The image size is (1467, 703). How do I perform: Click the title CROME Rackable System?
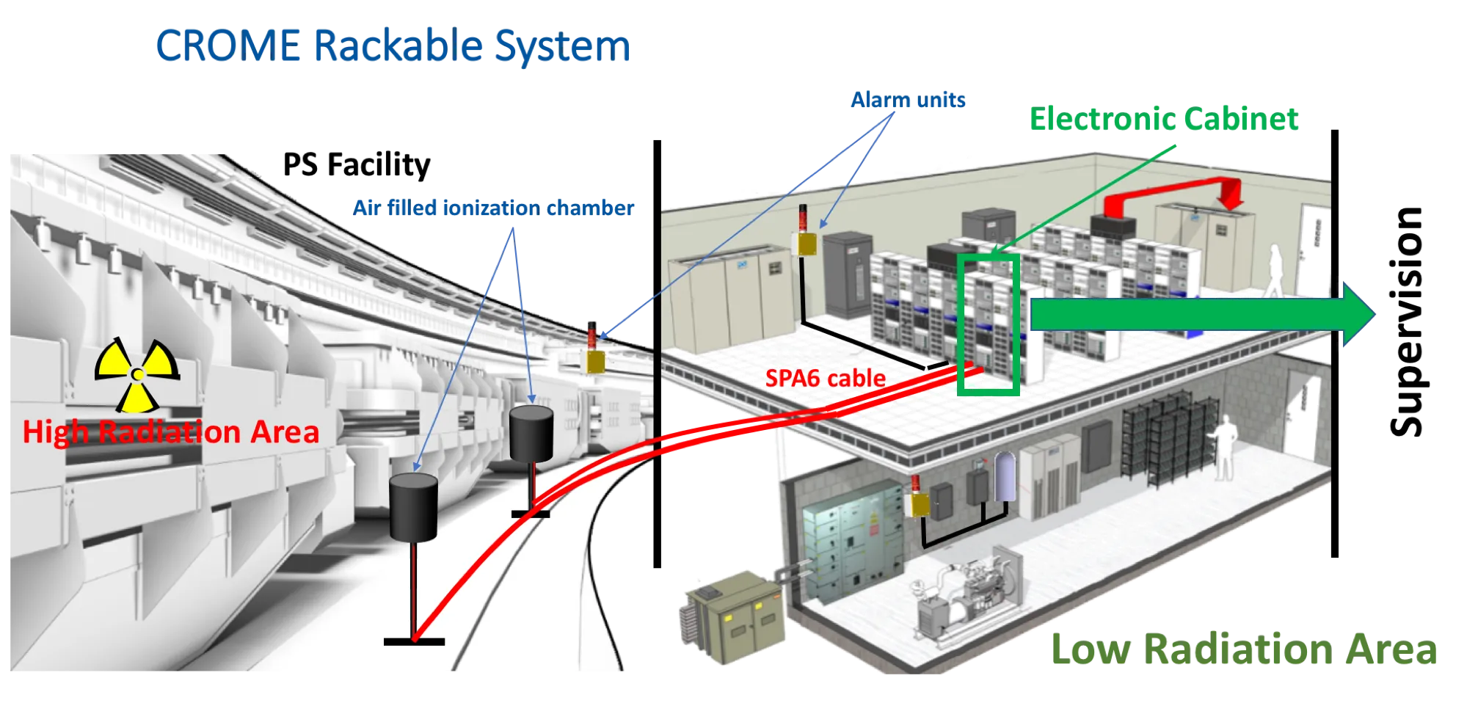point(393,45)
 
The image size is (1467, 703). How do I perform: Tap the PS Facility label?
point(357,164)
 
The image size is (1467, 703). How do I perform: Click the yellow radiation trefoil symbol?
point(137,375)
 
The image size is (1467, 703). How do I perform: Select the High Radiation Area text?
point(171,431)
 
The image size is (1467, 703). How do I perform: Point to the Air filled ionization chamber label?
point(493,208)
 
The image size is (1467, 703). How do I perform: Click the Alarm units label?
point(908,100)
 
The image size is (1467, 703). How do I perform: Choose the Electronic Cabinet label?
point(1164,119)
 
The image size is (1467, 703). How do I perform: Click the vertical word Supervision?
point(1407,321)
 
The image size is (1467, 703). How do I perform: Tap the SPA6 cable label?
point(825,379)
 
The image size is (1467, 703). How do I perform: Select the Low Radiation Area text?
point(1244,649)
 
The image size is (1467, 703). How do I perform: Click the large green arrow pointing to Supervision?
point(1202,314)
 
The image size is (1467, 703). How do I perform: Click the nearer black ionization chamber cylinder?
point(413,507)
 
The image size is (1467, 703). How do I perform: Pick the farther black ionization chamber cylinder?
point(531,434)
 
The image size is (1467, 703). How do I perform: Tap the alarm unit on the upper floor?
point(807,232)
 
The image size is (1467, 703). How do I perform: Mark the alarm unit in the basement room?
point(917,497)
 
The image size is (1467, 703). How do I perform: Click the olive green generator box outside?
point(734,618)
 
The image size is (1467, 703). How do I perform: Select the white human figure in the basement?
point(1223,448)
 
